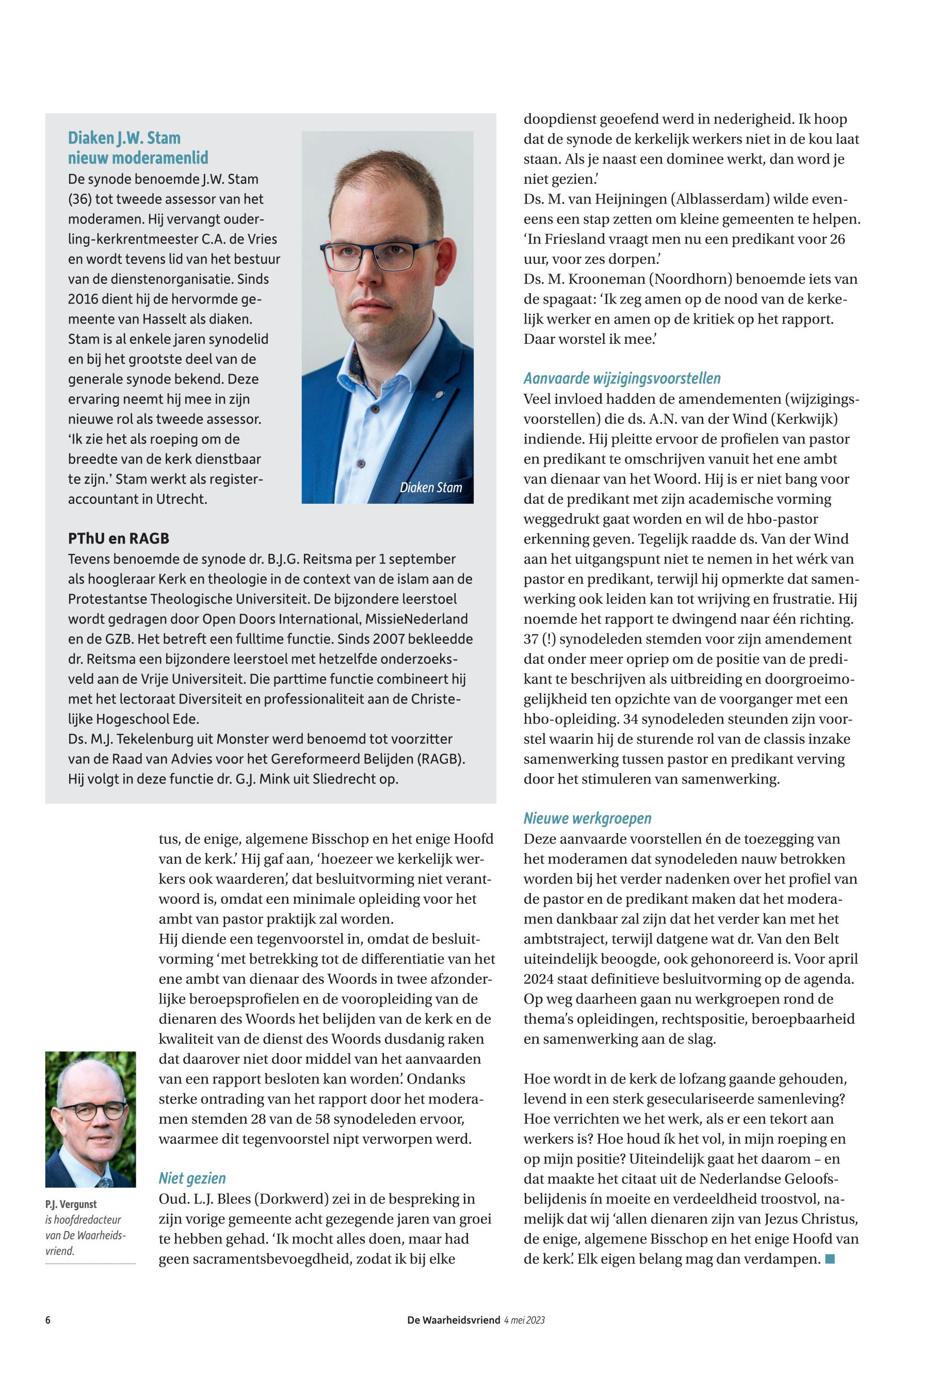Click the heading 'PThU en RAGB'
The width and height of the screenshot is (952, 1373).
pyautogui.click(x=118, y=538)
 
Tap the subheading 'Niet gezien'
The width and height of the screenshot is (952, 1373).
pyautogui.click(x=192, y=1178)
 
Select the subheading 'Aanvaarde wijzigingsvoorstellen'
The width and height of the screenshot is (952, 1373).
pyautogui.click(x=622, y=378)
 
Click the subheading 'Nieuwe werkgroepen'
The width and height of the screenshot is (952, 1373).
pyautogui.click(x=587, y=818)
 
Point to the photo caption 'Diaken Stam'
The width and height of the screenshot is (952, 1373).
pyautogui.click(x=431, y=487)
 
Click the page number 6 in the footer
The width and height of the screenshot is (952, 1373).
pyautogui.click(x=47, y=1320)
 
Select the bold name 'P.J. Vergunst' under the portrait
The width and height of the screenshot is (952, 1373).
pyautogui.click(x=70, y=1204)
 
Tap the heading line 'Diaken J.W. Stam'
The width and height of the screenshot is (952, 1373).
pyautogui.click(x=124, y=138)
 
